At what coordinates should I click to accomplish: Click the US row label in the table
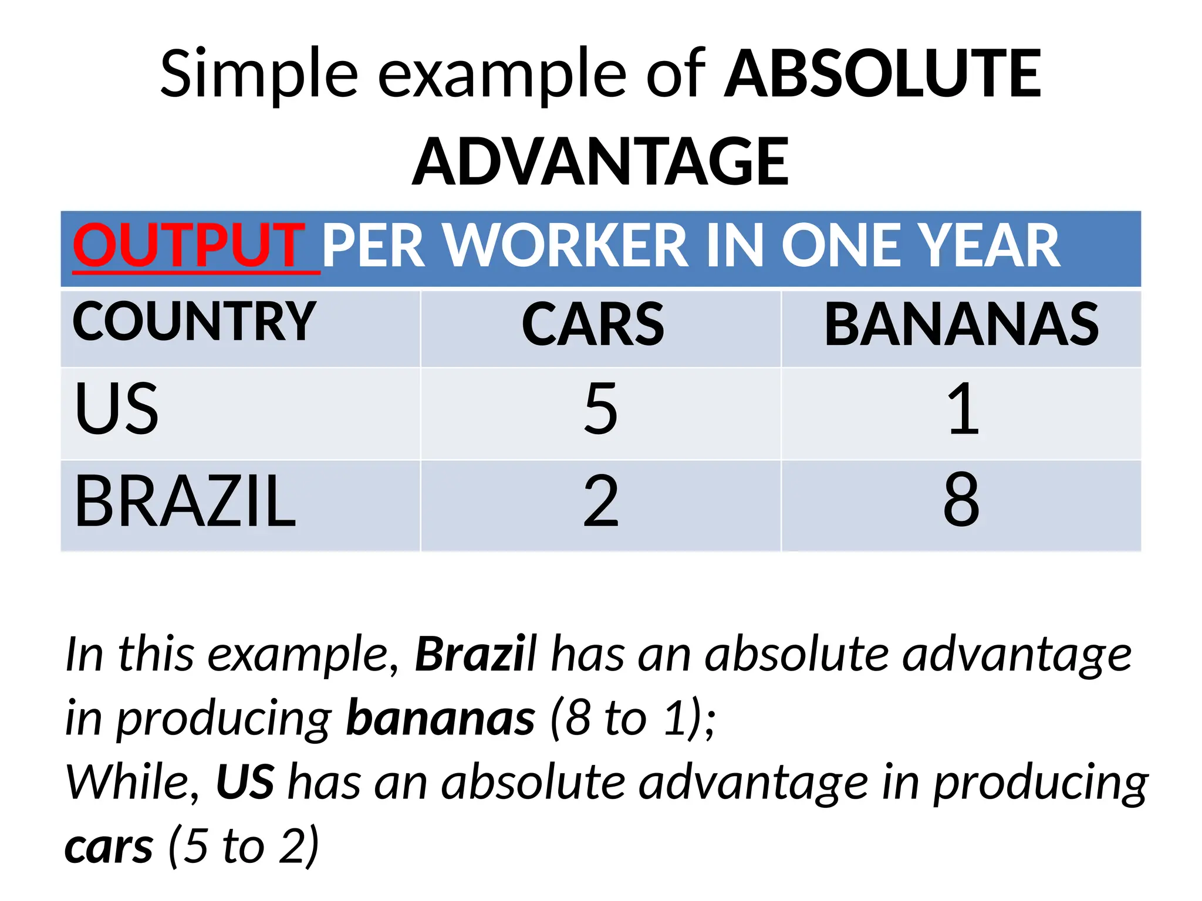point(116,409)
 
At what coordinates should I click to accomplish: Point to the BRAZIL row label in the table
point(185,502)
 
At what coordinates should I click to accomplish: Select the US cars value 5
point(600,409)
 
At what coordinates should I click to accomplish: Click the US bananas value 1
point(963,409)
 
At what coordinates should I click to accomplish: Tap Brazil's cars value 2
point(600,502)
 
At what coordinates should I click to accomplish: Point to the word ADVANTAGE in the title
point(600,161)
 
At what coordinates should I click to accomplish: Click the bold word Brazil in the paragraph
point(476,655)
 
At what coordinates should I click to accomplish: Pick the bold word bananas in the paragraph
point(440,719)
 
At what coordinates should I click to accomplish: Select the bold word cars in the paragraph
point(109,848)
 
